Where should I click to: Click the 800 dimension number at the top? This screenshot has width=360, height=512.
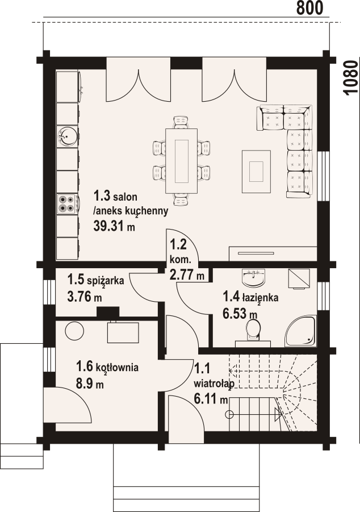click(309, 8)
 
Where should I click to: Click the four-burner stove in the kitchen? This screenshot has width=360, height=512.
click(67, 204)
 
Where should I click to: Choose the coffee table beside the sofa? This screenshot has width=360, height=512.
click(256, 171)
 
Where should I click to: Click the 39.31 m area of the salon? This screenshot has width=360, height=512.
click(114, 227)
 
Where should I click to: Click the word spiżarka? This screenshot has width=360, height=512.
click(104, 281)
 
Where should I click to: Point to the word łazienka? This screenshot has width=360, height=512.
click(260, 297)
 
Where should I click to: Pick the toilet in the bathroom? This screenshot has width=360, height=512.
click(253, 330)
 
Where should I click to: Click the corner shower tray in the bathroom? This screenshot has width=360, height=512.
click(300, 331)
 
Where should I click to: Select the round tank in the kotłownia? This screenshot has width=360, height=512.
click(75, 331)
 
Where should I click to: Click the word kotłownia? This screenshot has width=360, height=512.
click(118, 367)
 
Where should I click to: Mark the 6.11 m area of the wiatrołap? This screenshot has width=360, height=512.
click(211, 399)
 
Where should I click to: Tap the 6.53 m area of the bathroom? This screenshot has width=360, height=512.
click(240, 314)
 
